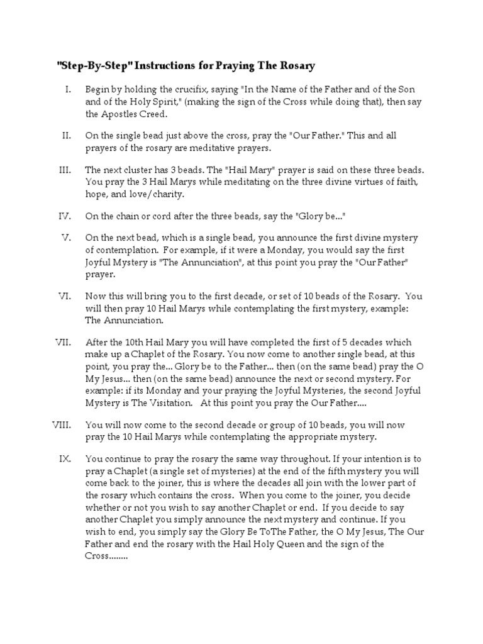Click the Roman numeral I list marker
[x=68, y=90]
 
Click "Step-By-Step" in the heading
[x=86, y=65]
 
